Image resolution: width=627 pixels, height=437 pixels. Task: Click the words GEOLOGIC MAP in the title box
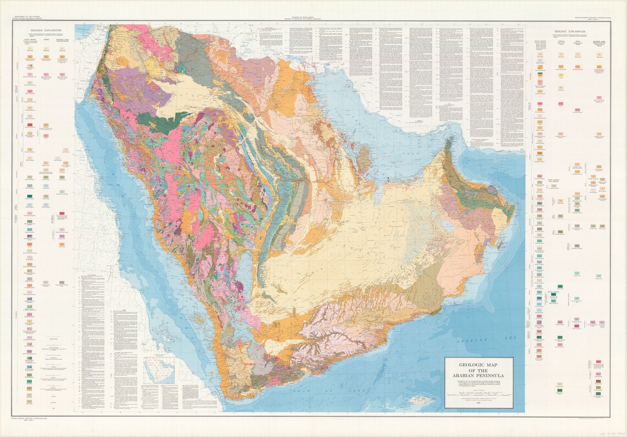point(478,364)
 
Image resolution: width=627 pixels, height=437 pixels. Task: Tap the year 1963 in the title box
point(478,407)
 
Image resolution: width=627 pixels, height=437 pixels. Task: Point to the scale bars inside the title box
point(478,394)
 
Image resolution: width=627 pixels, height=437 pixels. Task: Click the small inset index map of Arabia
point(159,369)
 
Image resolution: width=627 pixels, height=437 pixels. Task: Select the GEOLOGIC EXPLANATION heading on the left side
point(47,32)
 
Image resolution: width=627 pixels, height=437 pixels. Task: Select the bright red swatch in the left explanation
point(30,126)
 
